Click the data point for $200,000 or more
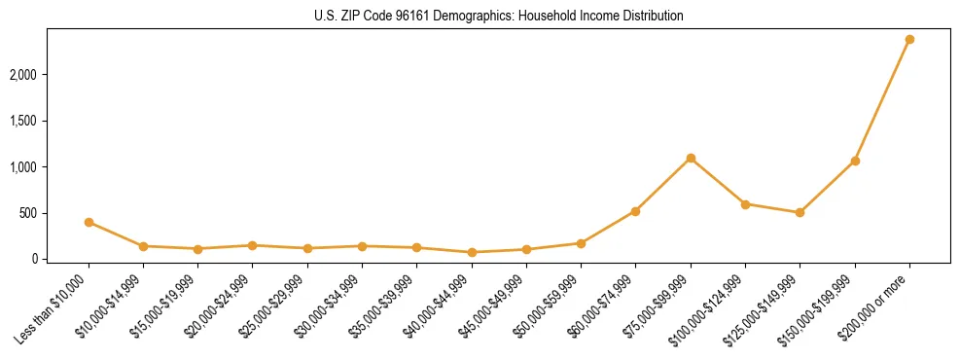[x=909, y=40]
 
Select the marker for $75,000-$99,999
[x=691, y=158]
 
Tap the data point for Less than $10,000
[x=89, y=222]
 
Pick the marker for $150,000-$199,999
[x=855, y=161]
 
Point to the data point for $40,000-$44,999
[x=472, y=252]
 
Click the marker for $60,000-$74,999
[x=635, y=211]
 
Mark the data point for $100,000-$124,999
[x=745, y=204]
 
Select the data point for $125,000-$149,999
[x=800, y=212]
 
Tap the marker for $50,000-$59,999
[x=581, y=243]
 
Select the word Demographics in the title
[x=453, y=17]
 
